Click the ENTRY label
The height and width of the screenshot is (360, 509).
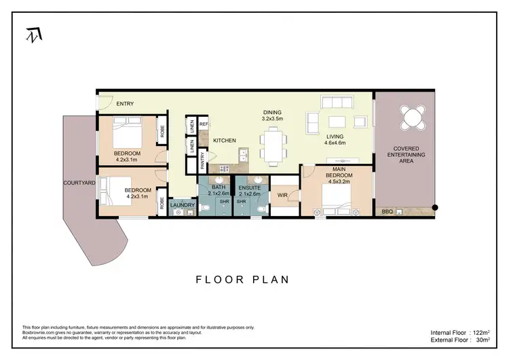[x=125, y=104]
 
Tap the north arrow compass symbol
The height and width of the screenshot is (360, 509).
[x=33, y=35]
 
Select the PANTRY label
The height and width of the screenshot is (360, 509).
[x=203, y=160]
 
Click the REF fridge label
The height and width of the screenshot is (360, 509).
[x=203, y=124]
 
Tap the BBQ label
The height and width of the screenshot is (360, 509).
[x=388, y=212]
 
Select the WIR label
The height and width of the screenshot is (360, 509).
[x=283, y=196]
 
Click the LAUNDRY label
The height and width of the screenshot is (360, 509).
[x=183, y=205]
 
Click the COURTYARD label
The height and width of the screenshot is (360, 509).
[x=77, y=183]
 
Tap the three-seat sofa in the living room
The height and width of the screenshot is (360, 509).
[x=337, y=103]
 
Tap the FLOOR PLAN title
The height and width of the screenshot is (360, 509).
[x=242, y=279]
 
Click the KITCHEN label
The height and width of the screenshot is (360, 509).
[x=225, y=141]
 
